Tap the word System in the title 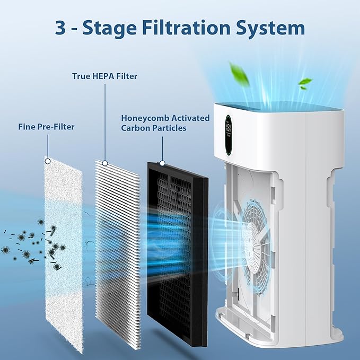pyautogui.click(x=271, y=28)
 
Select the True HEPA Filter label pyautogui.click(x=104, y=76)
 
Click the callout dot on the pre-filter pyautogui.click(x=48, y=161)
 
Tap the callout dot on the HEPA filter pyautogui.click(x=105, y=163)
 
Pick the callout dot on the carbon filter pyautogui.click(x=162, y=163)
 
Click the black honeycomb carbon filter pyautogui.click(x=178, y=249)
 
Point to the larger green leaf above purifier pyautogui.click(x=239, y=74)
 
